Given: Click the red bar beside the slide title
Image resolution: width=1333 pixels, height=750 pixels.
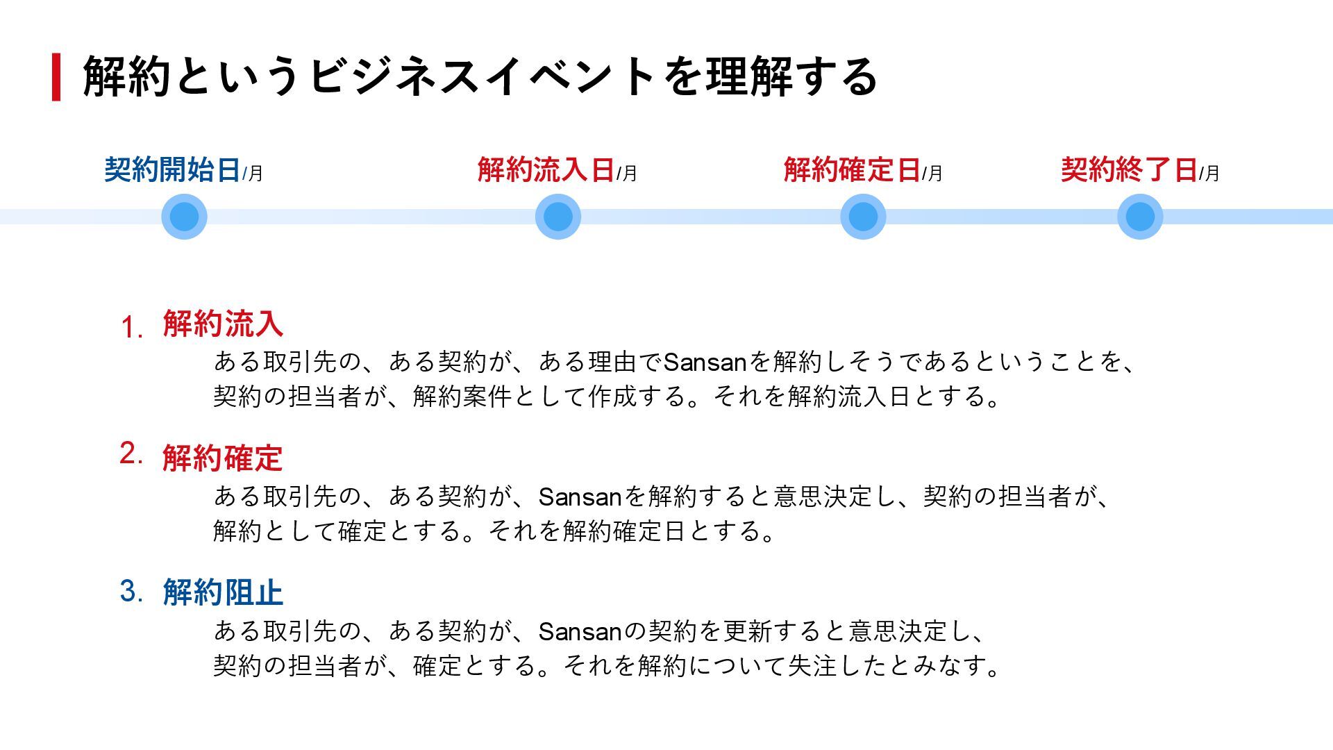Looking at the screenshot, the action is tap(56, 77).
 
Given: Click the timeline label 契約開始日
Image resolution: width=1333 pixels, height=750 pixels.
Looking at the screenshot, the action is tap(172, 170).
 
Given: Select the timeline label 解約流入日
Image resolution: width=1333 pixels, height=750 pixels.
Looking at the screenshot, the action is tap(546, 170).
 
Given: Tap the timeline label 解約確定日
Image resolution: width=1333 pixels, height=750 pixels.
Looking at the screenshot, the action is tap(852, 170).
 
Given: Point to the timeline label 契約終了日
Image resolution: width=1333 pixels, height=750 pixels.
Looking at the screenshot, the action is tap(1129, 170).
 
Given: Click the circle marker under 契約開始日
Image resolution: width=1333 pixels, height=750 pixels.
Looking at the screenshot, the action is tap(184, 217).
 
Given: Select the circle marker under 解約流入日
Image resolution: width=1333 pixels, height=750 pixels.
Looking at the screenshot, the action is tap(558, 217).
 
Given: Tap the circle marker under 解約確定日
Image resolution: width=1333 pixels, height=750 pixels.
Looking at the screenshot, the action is tap(863, 217).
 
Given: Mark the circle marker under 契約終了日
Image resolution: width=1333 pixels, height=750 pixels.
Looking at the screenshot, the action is tap(1140, 217).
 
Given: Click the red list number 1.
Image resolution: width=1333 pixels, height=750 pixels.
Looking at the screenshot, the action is tap(131, 327).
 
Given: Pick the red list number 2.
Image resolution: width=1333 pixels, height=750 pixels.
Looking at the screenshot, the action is tap(131, 453).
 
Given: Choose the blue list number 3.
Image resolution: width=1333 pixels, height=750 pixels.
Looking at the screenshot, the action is tap(131, 591).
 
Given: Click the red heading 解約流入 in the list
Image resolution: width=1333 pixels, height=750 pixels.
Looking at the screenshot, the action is tap(223, 324).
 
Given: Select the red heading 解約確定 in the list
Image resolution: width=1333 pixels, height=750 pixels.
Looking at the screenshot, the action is tap(223, 458).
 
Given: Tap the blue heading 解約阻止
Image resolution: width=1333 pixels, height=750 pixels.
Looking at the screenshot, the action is tap(223, 593).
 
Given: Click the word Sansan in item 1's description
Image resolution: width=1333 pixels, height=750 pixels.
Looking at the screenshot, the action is tap(704, 362).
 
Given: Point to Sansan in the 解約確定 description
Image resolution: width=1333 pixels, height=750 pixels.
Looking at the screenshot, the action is tap(579, 497).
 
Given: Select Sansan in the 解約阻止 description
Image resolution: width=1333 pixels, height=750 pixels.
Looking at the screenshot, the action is tap(579, 632).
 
